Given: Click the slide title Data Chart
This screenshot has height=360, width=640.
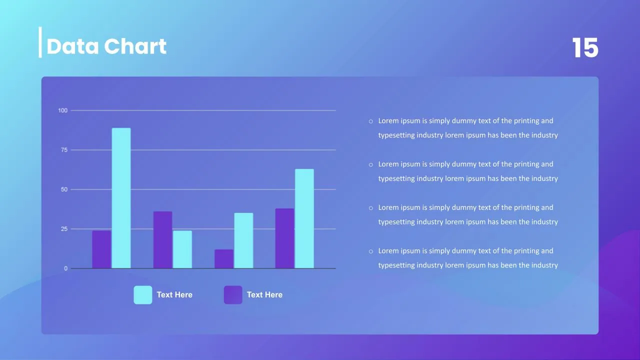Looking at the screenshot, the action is [x=106, y=46].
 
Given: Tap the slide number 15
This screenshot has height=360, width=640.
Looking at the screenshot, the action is [x=585, y=47].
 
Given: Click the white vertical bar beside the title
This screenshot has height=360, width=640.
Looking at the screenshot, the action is [x=40, y=42].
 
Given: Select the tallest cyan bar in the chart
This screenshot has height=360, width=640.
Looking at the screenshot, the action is [x=121, y=198].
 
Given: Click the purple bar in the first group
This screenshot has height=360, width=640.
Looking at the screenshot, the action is [x=101, y=249].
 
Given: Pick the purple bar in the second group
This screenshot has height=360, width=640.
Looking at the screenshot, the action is [x=163, y=239].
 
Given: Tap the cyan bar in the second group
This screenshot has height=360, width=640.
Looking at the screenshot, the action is [x=182, y=249].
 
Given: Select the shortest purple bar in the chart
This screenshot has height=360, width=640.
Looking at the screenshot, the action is [x=224, y=259].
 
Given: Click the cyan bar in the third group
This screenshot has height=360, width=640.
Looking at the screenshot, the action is [x=243, y=240].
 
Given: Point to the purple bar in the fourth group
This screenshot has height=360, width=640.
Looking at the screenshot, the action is [x=285, y=238].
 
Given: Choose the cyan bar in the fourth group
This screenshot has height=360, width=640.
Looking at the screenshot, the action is [x=304, y=218].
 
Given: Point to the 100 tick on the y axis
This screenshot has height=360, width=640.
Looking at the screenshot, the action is [x=63, y=110].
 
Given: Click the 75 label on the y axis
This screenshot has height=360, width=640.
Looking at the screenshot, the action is [x=64, y=150].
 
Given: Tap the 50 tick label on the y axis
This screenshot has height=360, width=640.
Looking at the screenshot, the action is [x=64, y=189].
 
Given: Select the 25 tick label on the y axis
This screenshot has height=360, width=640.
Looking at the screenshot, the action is [x=64, y=229].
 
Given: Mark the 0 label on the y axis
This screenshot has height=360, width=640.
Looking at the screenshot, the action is [x=65, y=268].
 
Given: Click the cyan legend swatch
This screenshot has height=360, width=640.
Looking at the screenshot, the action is [x=143, y=295].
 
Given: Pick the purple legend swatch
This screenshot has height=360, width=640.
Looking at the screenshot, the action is [x=233, y=295].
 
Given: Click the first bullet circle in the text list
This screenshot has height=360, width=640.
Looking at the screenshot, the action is [x=371, y=121].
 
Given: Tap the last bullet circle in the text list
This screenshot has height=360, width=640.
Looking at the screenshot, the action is [x=371, y=251].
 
